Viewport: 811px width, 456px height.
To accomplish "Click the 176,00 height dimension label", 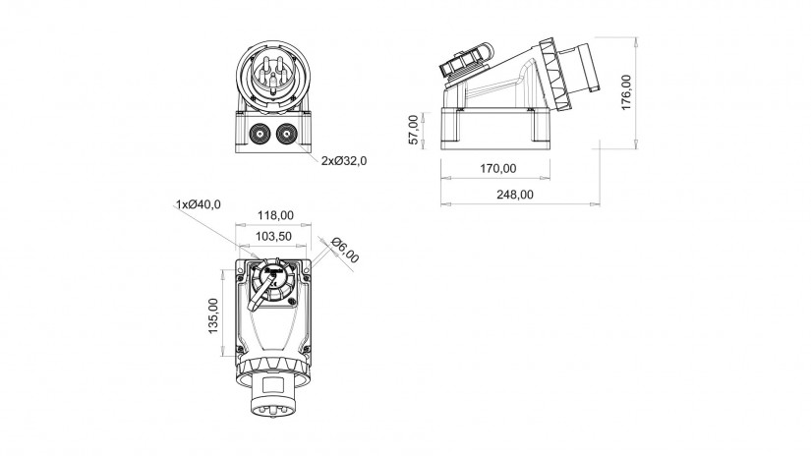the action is click(626, 92).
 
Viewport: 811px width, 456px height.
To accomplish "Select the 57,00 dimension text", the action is click(413, 130).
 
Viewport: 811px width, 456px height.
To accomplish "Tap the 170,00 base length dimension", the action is click(498, 169).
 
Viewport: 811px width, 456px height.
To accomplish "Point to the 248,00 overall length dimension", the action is click(515, 195).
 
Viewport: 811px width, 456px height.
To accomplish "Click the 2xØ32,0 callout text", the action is click(344, 161).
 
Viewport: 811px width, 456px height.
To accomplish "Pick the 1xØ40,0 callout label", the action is click(199, 204).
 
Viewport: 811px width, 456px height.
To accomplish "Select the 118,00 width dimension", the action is click(275, 215).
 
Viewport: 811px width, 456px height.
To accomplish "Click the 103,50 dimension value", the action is click(273, 236).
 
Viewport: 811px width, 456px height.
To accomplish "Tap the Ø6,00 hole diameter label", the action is click(345, 251).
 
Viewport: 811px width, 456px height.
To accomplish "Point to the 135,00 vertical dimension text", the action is click(213, 315).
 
